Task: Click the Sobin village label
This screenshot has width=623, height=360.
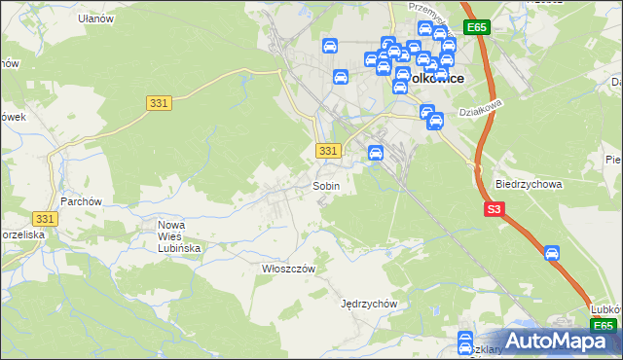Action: pos(325,185)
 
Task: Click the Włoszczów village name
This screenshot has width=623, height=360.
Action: pos(283,268)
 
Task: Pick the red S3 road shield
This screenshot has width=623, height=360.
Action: pos(495,208)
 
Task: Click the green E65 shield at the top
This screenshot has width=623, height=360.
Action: pos(476,28)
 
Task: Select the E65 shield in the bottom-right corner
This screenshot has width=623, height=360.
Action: pos(604,326)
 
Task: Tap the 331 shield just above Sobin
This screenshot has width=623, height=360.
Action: pos(329,150)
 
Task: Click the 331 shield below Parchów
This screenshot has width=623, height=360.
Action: pos(44,220)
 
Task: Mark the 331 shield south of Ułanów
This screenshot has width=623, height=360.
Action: pos(160,102)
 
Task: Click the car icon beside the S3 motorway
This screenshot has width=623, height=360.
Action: pos(552,253)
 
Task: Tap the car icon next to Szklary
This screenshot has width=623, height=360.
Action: pos(465,339)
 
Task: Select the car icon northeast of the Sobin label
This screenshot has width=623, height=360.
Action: pos(375,152)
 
